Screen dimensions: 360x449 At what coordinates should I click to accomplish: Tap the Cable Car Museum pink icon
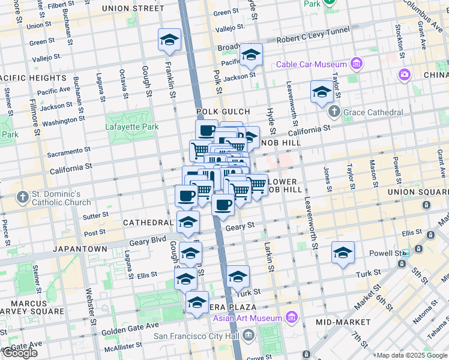pyautogui.click(x=357, y=64)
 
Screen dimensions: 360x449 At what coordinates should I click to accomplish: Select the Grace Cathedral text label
pyautogui.click(x=372, y=112)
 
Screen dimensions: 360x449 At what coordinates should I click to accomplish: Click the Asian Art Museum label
pyautogui.click(x=246, y=317)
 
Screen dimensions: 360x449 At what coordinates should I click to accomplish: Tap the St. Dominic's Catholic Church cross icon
pyautogui.click(x=22, y=197)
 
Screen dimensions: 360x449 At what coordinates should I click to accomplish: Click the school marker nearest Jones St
pyautogui.click(x=343, y=252)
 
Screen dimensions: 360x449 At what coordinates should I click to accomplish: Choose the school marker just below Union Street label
pyautogui.click(x=170, y=40)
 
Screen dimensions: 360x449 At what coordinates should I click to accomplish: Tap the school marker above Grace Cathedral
pyautogui.click(x=322, y=91)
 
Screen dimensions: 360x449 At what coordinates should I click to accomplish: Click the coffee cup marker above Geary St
pyautogui.click(x=223, y=205)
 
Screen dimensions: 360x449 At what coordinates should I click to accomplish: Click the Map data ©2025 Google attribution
pyautogui.click(x=412, y=355)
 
